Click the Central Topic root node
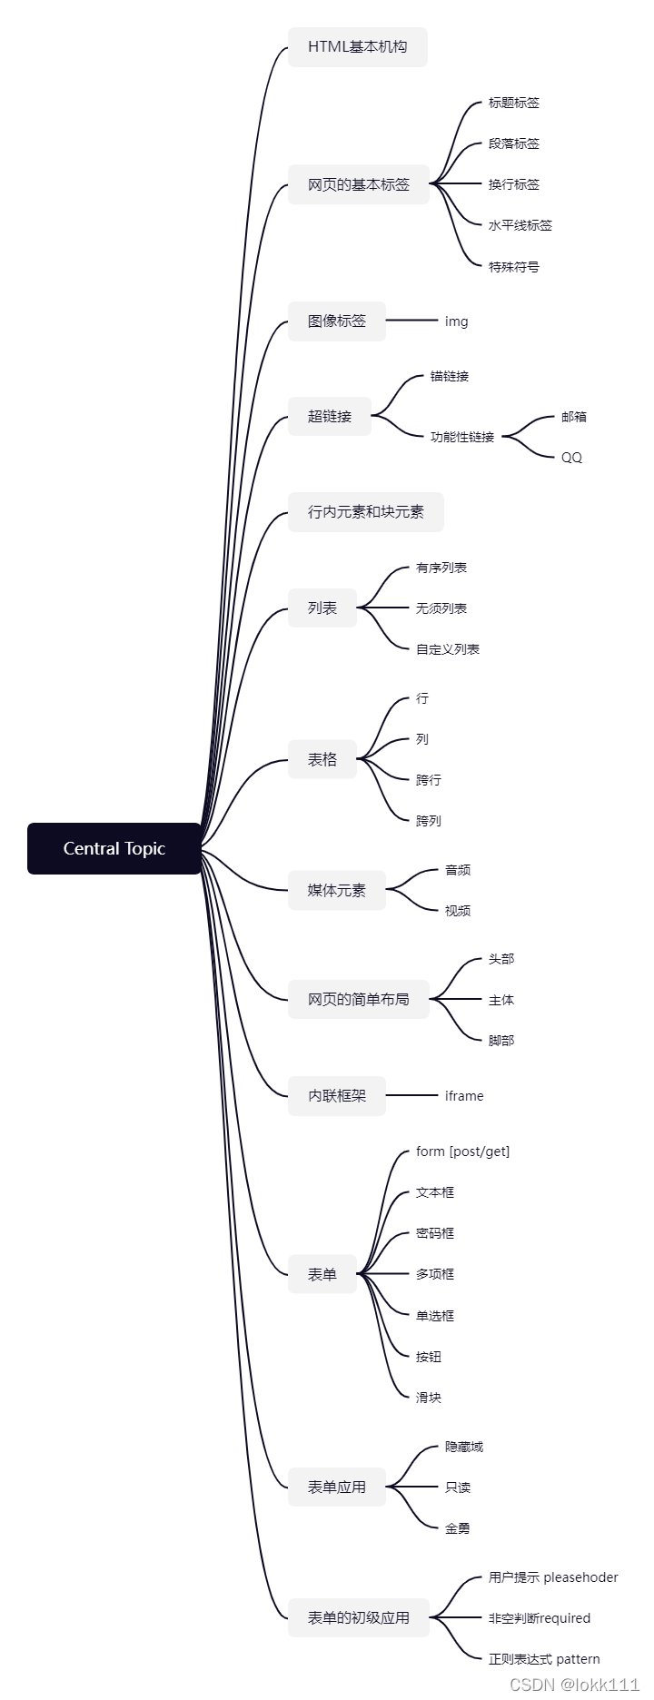coord(114,848)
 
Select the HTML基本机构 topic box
coord(357,47)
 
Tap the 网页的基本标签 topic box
coord(358,184)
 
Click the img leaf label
coord(456,321)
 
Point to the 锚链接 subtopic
coord(450,376)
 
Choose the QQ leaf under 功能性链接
coord(571,457)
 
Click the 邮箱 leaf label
coord(574,417)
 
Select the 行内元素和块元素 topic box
coord(365,512)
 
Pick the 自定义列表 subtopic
coord(447,649)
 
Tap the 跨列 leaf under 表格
coord(428,821)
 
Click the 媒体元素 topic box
coord(336,890)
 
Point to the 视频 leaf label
coord(458,911)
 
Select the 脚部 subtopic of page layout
coord(501,1041)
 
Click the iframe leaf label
coord(464,1096)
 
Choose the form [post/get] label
coord(462,1151)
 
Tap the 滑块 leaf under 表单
coord(428,1398)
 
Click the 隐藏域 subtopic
coord(463,1447)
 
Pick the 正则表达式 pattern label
coord(544,1659)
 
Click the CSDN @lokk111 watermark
coord(574,1685)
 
